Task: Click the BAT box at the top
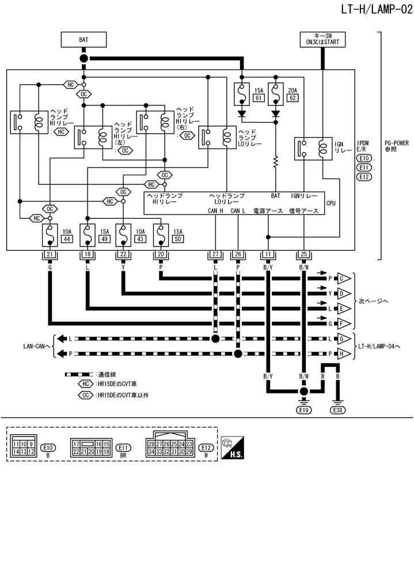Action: click(83, 39)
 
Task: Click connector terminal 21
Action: click(50, 255)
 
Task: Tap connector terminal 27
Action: click(215, 255)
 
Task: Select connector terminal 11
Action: click(268, 255)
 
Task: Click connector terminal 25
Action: click(303, 255)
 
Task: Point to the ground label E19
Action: click(303, 410)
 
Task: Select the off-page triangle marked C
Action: click(344, 278)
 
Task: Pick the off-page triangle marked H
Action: click(344, 354)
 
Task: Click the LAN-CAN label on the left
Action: click(35, 346)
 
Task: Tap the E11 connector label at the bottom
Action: click(122, 447)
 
